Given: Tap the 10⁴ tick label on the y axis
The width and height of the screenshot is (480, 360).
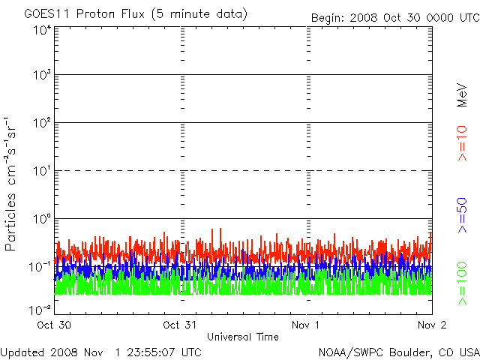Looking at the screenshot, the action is tap(43, 30).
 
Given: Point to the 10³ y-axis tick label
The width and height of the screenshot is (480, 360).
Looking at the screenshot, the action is tap(43, 75).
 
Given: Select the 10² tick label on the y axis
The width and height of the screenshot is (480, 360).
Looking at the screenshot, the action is tap(43, 123).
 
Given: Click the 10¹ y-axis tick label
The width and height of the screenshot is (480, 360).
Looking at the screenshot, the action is tap(43, 171).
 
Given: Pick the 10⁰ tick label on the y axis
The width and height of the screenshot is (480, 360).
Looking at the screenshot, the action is tap(43, 219).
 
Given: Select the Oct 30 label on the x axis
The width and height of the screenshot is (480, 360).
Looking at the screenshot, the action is tap(54, 325).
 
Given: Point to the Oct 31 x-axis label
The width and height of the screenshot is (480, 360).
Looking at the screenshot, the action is tap(180, 325).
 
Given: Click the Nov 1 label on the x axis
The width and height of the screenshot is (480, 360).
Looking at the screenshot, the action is tap(305, 325).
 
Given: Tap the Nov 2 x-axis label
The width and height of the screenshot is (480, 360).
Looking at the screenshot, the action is tap(432, 325).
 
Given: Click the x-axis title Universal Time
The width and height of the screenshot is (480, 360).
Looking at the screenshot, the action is tap(243, 337).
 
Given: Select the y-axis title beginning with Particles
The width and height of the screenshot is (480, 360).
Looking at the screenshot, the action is tap(10, 184).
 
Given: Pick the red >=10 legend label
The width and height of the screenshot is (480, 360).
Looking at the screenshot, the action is tap(462, 143).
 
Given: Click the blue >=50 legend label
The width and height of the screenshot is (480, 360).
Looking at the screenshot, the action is tap(462, 215).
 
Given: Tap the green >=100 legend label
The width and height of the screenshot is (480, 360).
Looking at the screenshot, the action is tap(462, 283).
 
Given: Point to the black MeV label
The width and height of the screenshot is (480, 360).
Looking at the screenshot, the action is tap(462, 95).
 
